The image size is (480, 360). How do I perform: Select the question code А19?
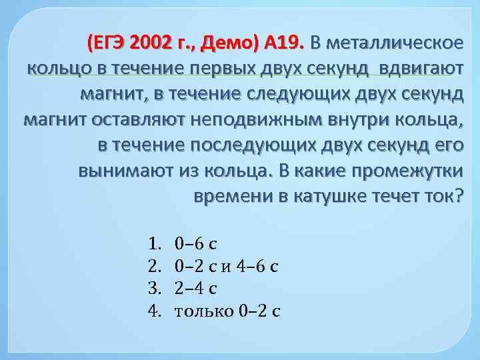pos(283,44)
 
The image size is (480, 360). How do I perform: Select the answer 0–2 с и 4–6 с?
pos(226,264)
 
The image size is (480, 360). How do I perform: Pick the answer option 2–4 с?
pos(195,287)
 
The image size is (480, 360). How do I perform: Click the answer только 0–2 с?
pos(226,311)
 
